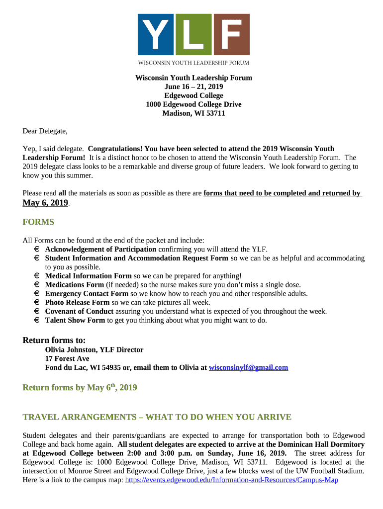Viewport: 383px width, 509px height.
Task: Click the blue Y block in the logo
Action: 155,34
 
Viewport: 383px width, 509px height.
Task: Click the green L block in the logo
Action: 193,34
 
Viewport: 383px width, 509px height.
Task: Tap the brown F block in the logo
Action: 231,34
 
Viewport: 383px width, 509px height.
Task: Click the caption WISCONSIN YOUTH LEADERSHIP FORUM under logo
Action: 193,63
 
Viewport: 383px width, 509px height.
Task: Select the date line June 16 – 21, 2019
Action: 193,87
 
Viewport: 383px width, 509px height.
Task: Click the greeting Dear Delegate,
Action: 45,131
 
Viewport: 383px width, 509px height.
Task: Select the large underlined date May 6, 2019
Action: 45,203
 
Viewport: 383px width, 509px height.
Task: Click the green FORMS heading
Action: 38,222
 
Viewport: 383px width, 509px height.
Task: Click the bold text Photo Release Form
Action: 77,302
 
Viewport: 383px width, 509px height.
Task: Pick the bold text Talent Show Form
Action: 75,321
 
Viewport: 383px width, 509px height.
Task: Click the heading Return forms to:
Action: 54,340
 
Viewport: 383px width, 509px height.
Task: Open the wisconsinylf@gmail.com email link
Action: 248,368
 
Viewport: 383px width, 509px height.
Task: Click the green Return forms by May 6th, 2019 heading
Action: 80,388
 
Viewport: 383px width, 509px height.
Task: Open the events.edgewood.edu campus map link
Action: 232,480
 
